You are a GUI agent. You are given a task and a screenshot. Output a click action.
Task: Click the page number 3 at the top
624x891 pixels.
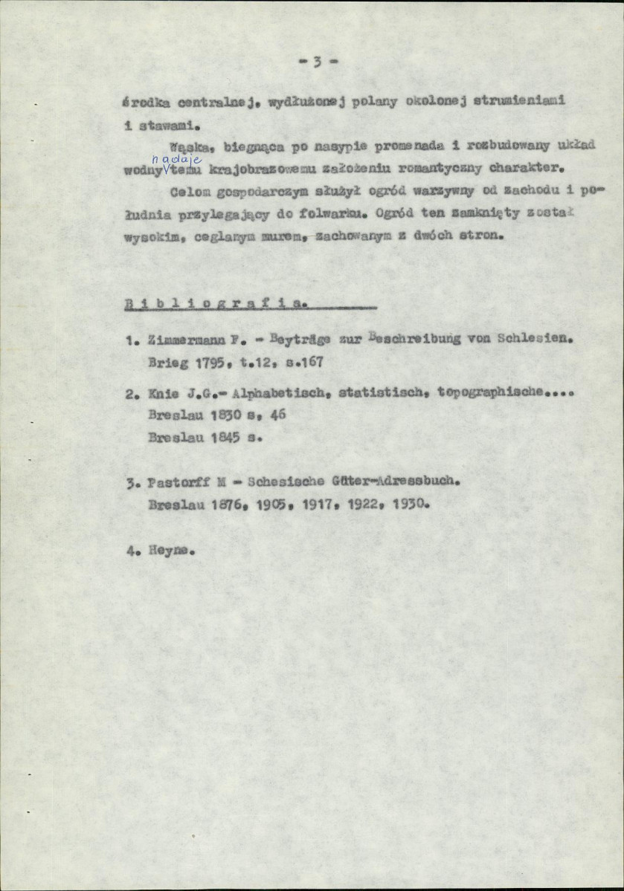317,62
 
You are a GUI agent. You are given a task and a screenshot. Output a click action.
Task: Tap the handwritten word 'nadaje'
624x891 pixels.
167,158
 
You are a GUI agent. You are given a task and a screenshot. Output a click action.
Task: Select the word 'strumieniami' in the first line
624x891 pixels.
516,101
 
